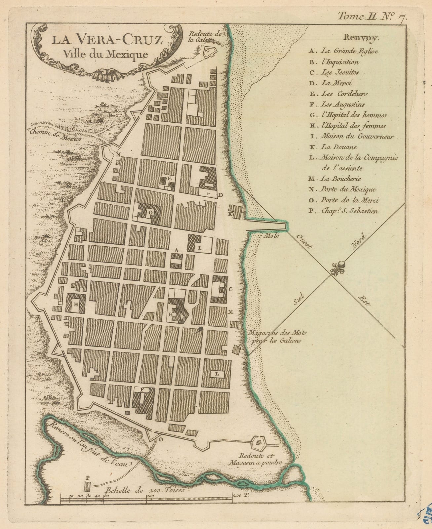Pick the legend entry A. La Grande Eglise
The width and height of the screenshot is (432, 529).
pos(344,51)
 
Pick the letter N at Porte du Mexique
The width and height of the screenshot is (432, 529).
pos(118,154)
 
